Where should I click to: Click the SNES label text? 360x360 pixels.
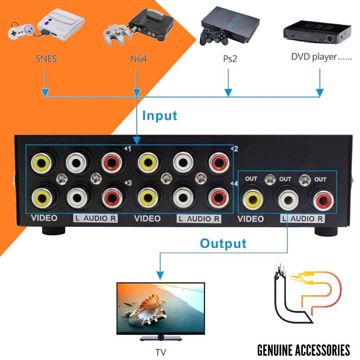[x=46, y=59]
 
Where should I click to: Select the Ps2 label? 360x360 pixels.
[x=229, y=59]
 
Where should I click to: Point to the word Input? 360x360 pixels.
[x=160, y=116]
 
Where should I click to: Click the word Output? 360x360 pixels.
[x=223, y=244]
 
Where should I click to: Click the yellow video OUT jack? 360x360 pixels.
[x=252, y=198]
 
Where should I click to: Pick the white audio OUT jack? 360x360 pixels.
[x=286, y=198]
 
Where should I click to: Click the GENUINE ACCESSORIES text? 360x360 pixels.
[x=303, y=350]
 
